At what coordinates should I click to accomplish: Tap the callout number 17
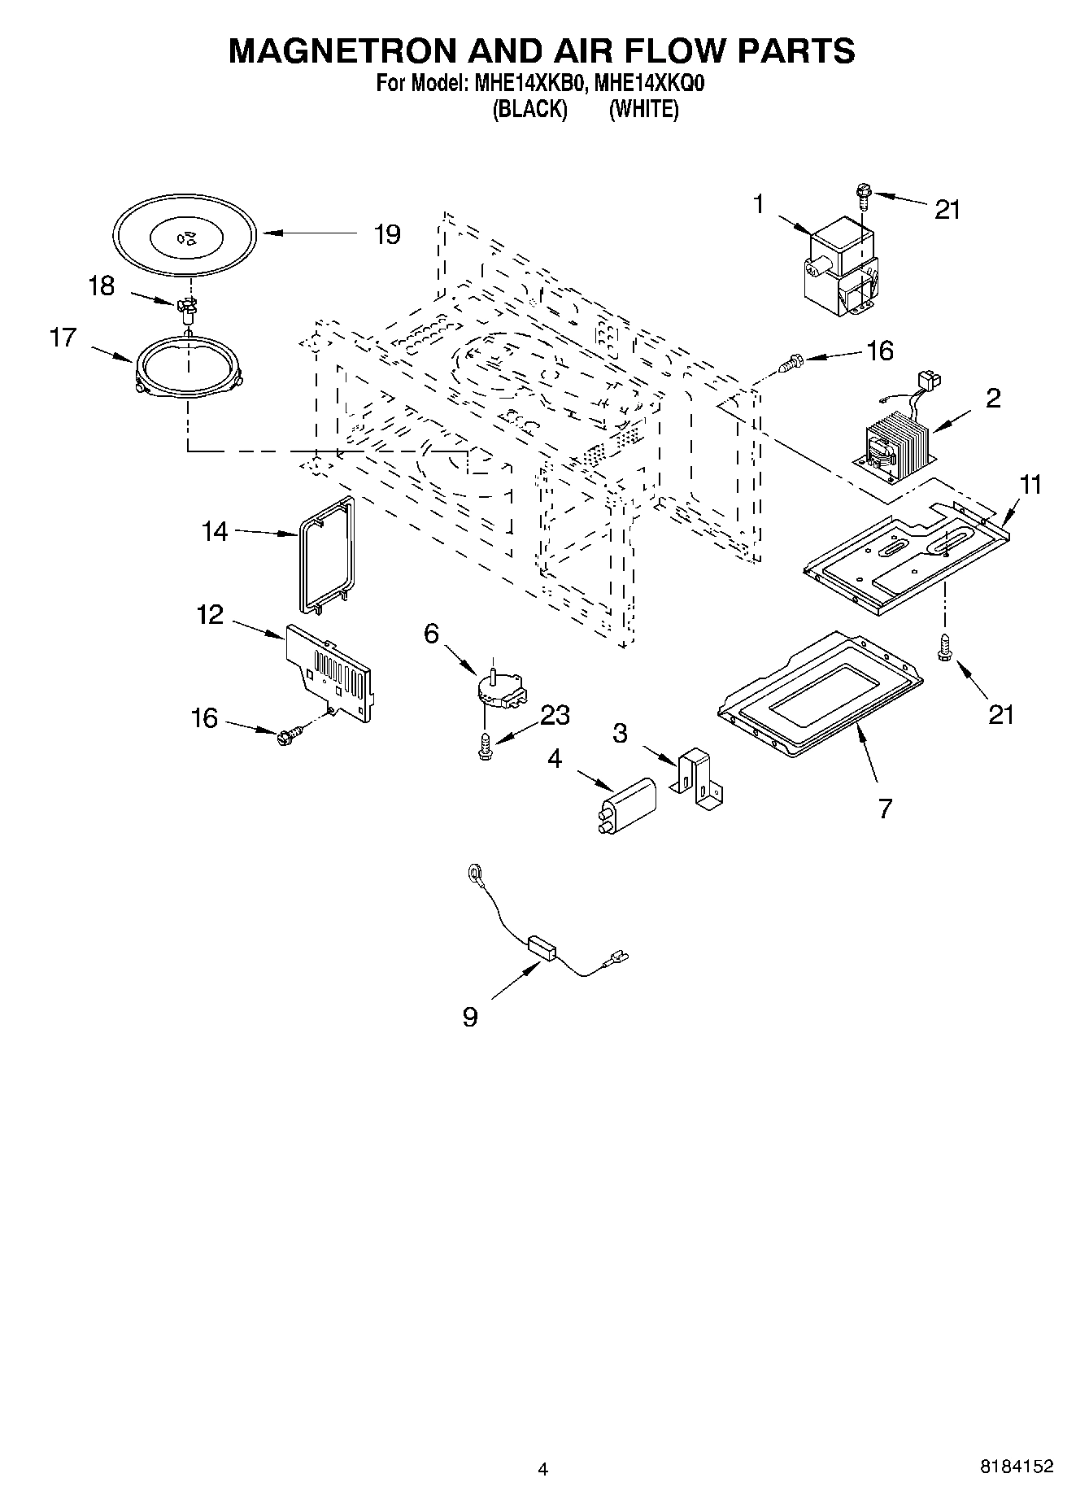click(x=63, y=337)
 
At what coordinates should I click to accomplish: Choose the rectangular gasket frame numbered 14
click(x=325, y=552)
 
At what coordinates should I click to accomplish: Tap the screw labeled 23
click(x=486, y=747)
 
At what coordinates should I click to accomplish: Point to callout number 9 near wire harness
click(x=470, y=1017)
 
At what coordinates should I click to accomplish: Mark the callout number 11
click(x=1030, y=485)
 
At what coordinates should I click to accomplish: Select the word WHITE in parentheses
click(x=643, y=109)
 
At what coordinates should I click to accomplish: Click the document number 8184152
click(x=1017, y=1467)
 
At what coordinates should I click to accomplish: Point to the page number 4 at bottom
click(x=543, y=1468)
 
